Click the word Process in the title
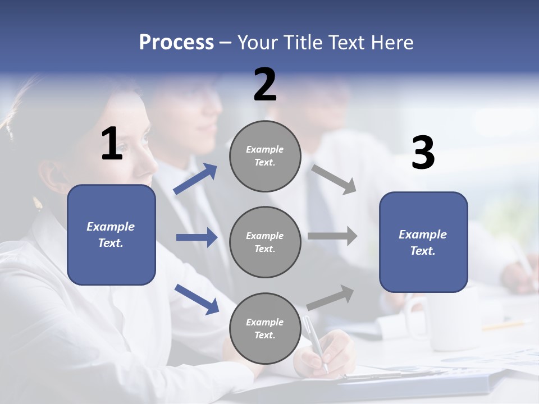click(x=176, y=43)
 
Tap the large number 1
click(x=112, y=144)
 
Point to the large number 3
click(x=423, y=154)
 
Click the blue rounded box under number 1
click(x=111, y=235)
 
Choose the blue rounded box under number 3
click(x=423, y=242)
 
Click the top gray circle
click(x=265, y=156)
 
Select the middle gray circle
click(x=265, y=242)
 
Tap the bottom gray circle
click(x=265, y=328)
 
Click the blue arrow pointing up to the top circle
click(x=195, y=179)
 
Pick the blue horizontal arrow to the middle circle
click(x=197, y=237)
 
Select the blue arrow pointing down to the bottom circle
click(x=197, y=299)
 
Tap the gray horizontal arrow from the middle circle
click(x=332, y=236)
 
